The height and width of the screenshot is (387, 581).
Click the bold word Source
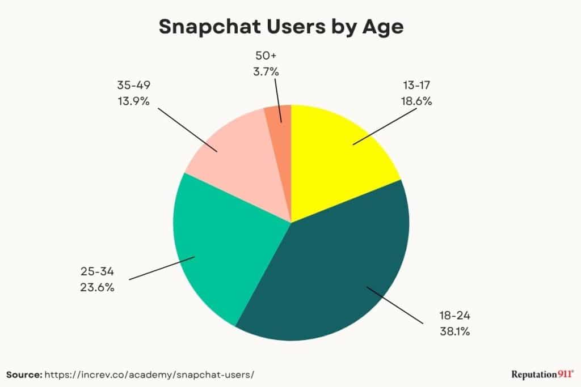point(24,375)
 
